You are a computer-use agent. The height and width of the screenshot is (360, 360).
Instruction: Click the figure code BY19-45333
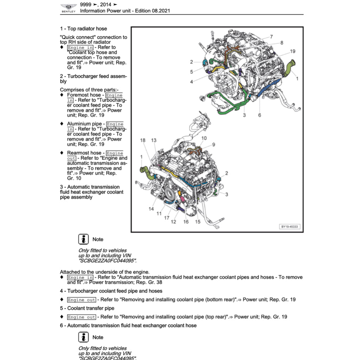(290, 227)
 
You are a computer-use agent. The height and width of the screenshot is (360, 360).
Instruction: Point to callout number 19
(292, 51)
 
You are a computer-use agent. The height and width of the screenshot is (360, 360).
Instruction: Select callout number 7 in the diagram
(271, 37)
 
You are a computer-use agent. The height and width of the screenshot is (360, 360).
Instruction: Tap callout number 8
(282, 43)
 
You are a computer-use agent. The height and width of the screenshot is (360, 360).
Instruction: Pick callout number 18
(143, 140)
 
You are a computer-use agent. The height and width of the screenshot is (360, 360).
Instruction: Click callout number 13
(154, 140)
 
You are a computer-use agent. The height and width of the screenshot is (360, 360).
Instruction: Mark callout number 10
(204, 138)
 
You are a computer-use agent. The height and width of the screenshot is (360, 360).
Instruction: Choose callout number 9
(213, 144)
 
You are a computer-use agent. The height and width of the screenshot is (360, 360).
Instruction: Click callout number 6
(259, 115)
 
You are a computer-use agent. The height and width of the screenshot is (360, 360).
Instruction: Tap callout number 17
(167, 218)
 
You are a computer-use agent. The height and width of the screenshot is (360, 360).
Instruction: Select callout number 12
(173, 222)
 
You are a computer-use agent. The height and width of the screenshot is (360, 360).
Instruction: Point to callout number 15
(198, 222)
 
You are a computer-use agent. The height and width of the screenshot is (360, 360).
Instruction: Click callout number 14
(151, 209)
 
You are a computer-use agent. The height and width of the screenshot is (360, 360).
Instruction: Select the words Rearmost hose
(84, 153)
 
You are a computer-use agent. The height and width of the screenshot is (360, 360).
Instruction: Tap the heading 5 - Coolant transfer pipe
(87, 308)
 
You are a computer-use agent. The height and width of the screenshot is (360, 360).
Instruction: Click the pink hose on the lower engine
(182, 199)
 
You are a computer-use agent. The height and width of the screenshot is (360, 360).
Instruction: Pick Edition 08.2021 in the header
(153, 11)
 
